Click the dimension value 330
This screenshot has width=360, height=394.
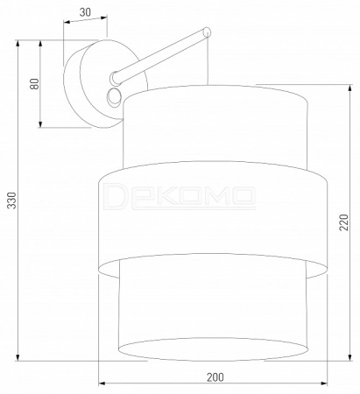(11, 201)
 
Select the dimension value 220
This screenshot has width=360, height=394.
(343, 222)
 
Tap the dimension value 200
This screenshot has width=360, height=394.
(215, 377)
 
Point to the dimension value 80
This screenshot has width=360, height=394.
(34, 84)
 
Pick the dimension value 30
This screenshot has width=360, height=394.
(85, 12)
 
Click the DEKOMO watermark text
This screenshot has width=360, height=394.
(179, 196)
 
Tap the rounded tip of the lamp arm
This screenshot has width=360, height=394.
(207, 32)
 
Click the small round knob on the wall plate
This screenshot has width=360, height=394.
(115, 97)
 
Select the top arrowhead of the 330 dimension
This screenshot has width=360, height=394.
(18, 44)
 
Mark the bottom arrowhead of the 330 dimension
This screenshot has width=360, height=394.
(18, 356)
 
